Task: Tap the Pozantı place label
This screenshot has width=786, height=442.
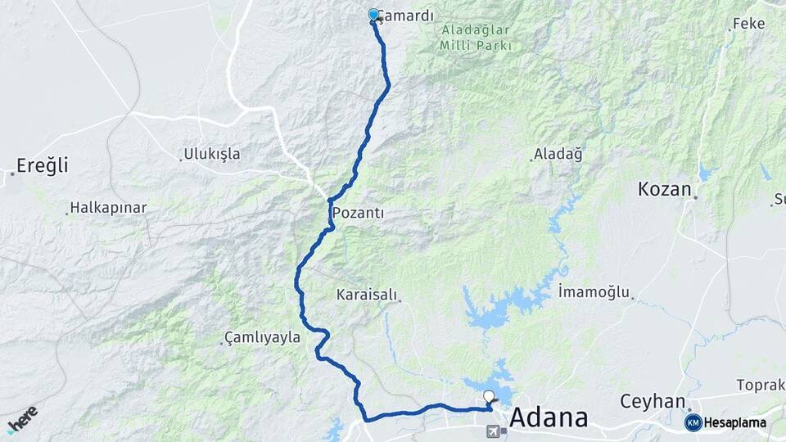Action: [x=358, y=213]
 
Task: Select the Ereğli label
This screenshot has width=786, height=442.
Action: [x=38, y=165]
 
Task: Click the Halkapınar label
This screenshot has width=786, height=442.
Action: [x=108, y=208]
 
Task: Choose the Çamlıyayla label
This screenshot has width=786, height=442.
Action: [x=262, y=337]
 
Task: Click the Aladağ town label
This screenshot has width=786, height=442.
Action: [x=558, y=154]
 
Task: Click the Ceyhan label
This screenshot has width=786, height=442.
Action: [x=652, y=401]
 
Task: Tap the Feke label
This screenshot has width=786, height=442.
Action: [x=748, y=24]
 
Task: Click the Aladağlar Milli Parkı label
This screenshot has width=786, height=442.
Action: [x=476, y=38]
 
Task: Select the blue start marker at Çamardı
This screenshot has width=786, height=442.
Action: [x=373, y=14]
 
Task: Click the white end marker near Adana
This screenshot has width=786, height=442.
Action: [x=489, y=397]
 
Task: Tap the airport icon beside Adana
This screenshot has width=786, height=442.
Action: [x=492, y=431]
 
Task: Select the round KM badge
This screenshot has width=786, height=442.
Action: [x=693, y=422]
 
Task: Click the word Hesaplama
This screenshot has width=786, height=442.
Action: [x=736, y=423]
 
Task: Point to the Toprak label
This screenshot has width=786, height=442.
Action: [x=760, y=385]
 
